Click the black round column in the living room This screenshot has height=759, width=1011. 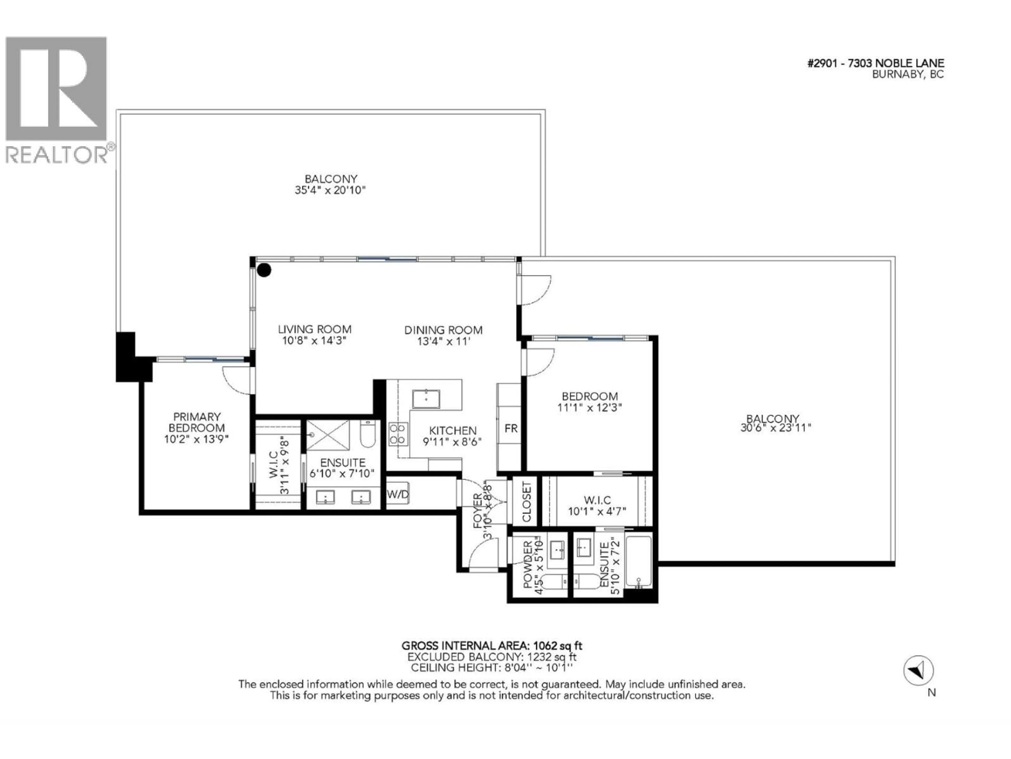(x=264, y=270)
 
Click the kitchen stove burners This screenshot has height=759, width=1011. (x=397, y=434)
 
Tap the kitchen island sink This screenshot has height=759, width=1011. (x=426, y=399)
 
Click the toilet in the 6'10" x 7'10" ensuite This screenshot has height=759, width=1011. (x=368, y=434)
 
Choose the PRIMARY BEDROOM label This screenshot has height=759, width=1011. (x=196, y=422)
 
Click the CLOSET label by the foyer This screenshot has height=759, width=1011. (x=527, y=502)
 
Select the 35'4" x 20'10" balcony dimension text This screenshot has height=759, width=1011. (x=330, y=190)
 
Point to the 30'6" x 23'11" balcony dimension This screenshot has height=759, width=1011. (x=776, y=428)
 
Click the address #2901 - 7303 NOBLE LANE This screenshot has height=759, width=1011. (x=876, y=64)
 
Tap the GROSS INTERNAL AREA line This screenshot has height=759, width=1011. (x=492, y=645)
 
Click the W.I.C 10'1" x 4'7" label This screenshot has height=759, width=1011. (x=597, y=505)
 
